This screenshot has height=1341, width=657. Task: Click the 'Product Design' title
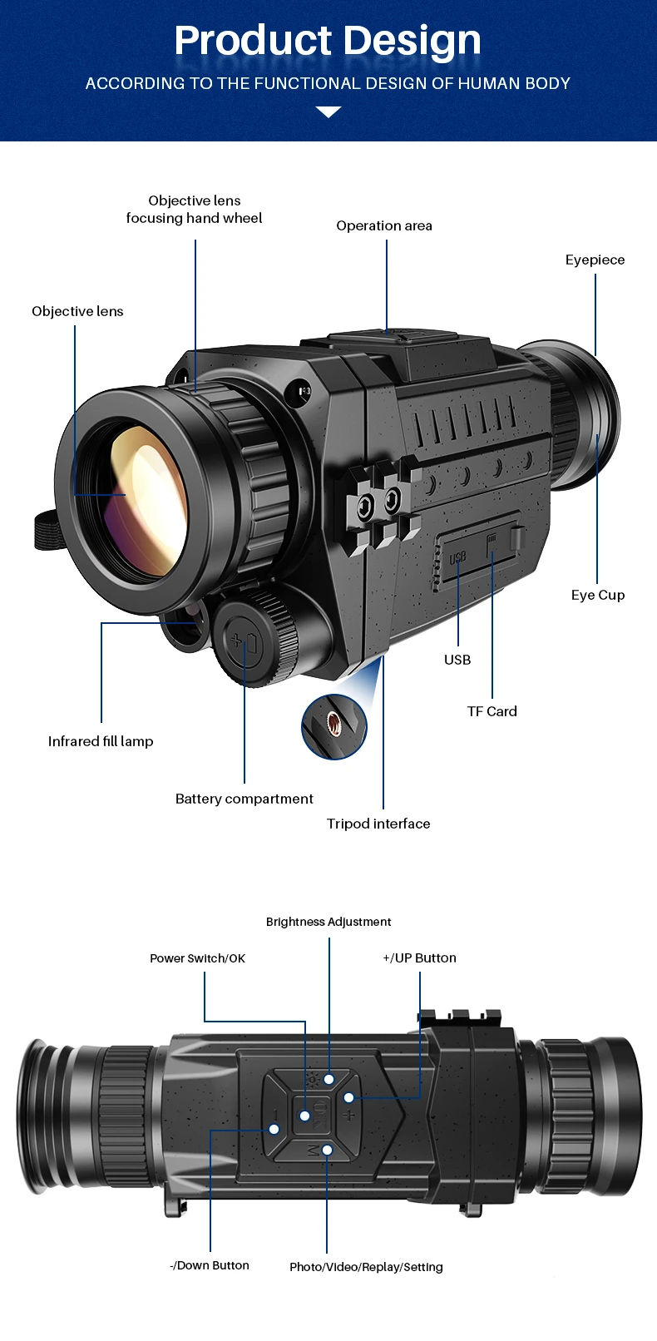click(328, 41)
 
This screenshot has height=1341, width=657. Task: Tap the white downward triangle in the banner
click(328, 112)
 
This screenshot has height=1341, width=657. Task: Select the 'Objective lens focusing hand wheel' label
click(195, 210)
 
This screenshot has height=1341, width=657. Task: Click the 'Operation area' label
click(384, 225)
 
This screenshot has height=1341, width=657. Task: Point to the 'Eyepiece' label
click(595, 260)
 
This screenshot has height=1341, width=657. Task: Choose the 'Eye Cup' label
click(598, 595)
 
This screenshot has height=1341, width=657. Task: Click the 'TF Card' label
click(492, 711)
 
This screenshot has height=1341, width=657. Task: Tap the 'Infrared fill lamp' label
click(101, 741)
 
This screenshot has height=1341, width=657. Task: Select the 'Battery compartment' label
click(245, 799)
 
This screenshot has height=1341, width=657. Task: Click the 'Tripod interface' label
click(378, 824)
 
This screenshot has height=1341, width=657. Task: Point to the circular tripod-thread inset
click(334, 726)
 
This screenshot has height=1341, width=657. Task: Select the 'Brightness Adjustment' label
click(328, 922)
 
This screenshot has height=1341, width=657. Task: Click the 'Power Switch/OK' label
click(198, 958)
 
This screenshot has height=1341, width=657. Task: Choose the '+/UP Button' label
click(419, 958)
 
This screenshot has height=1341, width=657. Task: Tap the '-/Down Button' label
click(210, 1265)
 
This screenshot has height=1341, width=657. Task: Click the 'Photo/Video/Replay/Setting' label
click(366, 1267)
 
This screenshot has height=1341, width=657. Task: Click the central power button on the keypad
click(305, 1115)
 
